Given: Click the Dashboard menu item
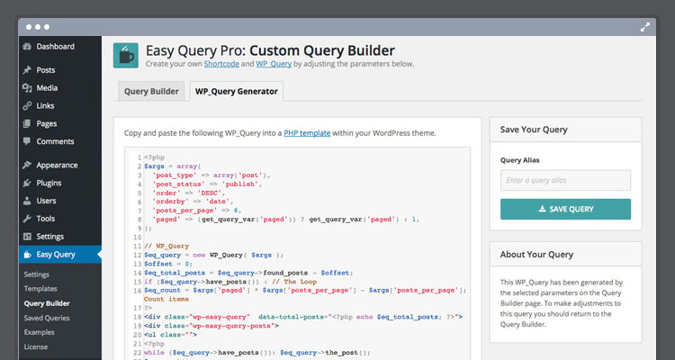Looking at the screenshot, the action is tap(49, 47).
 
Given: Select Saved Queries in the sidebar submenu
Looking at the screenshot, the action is tap(47, 318).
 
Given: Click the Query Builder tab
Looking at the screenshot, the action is tap(151, 91).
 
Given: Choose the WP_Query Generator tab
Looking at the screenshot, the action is tap(237, 91).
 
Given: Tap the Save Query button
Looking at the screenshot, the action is tap(565, 210).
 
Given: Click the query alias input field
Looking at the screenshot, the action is tap(565, 180).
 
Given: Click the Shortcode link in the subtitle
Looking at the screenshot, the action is tap(221, 64).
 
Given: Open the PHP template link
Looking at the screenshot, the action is tap(307, 133).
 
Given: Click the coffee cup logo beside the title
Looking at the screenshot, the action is tap(126, 56).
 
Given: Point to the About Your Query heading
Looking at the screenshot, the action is tap(536, 255).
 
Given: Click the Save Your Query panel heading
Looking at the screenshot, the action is tap(534, 130).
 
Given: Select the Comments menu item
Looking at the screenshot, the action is tap(49, 141).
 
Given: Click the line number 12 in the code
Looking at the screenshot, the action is tap(138, 255).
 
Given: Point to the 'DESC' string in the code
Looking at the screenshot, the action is tap(209, 193).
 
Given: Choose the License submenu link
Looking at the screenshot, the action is tap(36, 346).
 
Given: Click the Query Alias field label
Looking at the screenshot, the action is tap(519, 160).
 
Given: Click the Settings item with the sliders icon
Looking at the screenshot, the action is tap(43, 237).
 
